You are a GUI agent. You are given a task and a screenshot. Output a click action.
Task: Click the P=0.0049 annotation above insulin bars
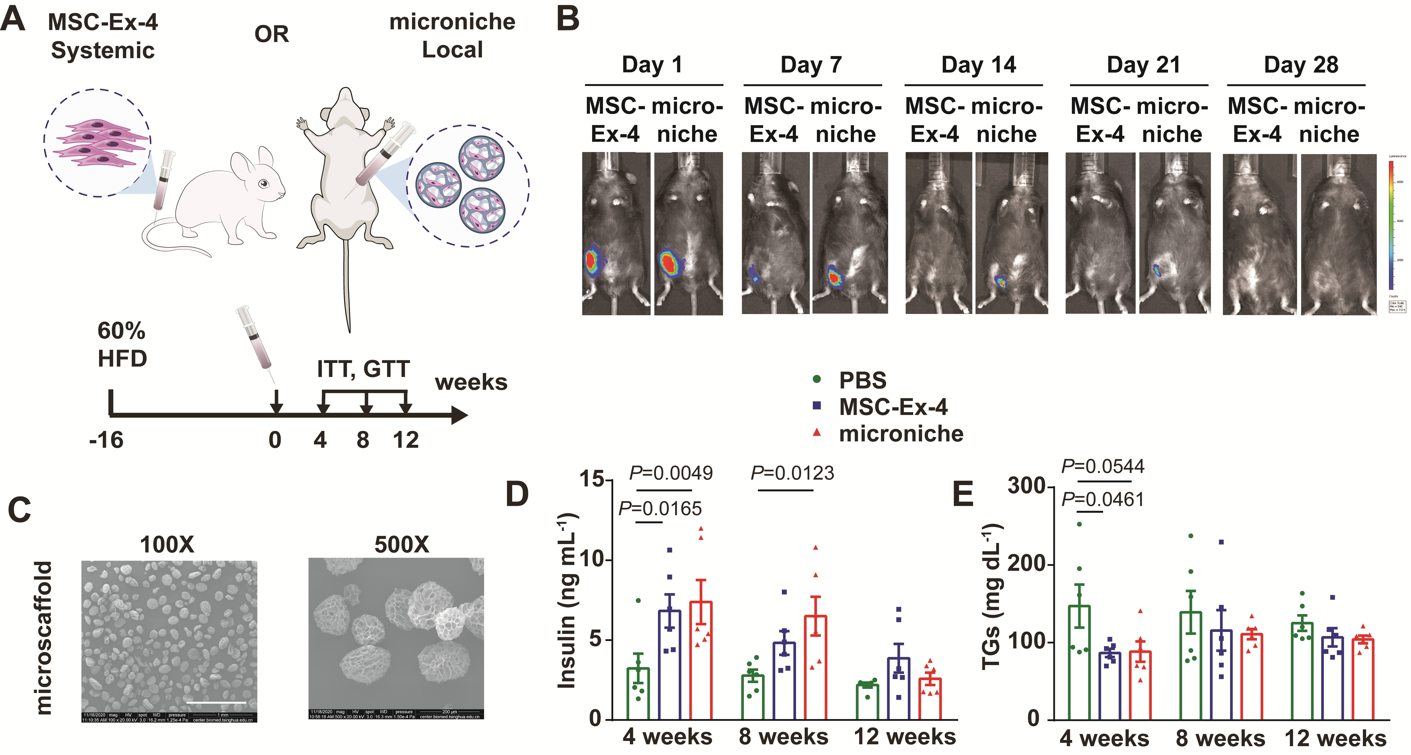(x=671, y=473)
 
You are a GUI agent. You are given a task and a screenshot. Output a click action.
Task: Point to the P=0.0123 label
(x=792, y=473)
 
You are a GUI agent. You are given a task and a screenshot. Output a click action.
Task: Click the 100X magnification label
(x=167, y=545)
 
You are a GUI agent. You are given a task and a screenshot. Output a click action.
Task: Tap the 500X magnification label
(x=401, y=545)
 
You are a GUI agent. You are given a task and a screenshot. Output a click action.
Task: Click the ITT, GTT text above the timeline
(x=363, y=369)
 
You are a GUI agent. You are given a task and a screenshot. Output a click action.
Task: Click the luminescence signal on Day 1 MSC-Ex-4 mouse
(x=592, y=261)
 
